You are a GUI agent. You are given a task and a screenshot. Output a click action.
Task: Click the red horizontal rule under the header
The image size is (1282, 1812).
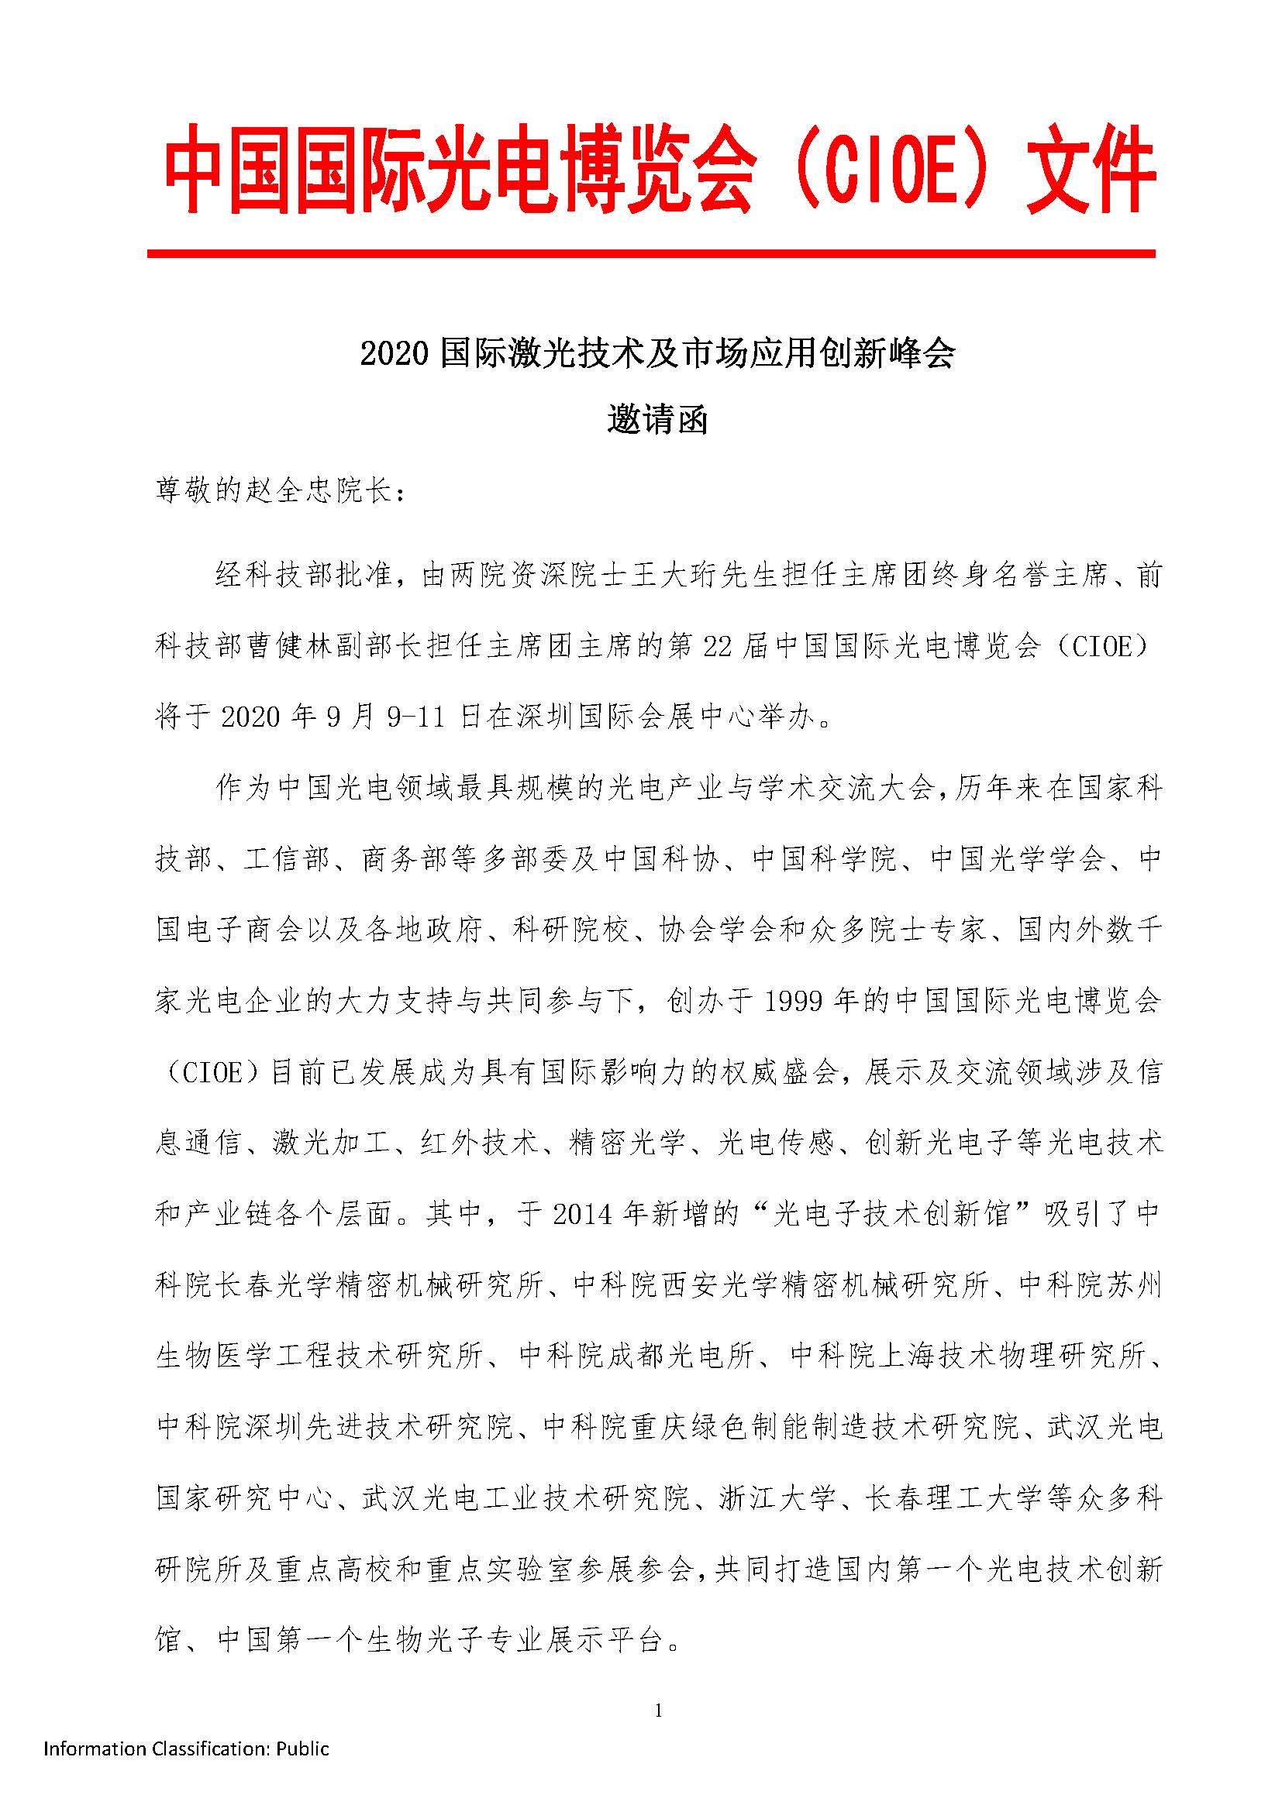pyautogui.click(x=650, y=254)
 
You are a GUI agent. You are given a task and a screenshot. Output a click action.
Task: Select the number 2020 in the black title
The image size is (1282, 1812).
pyautogui.click(x=394, y=354)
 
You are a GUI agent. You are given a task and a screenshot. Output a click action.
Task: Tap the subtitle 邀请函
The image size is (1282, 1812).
pyautogui.click(x=657, y=421)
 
